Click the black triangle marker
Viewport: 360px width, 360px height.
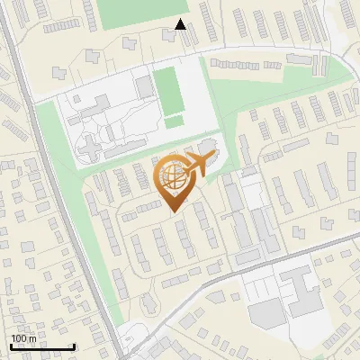181,24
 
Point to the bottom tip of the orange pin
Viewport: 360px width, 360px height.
171,211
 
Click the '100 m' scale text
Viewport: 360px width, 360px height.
23,338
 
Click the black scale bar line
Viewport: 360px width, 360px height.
41,346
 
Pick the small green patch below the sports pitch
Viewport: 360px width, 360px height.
175,121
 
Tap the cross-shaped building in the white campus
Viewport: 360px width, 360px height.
91,144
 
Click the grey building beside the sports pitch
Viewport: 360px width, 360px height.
145,87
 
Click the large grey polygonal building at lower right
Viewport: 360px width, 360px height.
265,313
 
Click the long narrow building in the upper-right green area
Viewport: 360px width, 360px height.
234,65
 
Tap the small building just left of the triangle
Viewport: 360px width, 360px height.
168,34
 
